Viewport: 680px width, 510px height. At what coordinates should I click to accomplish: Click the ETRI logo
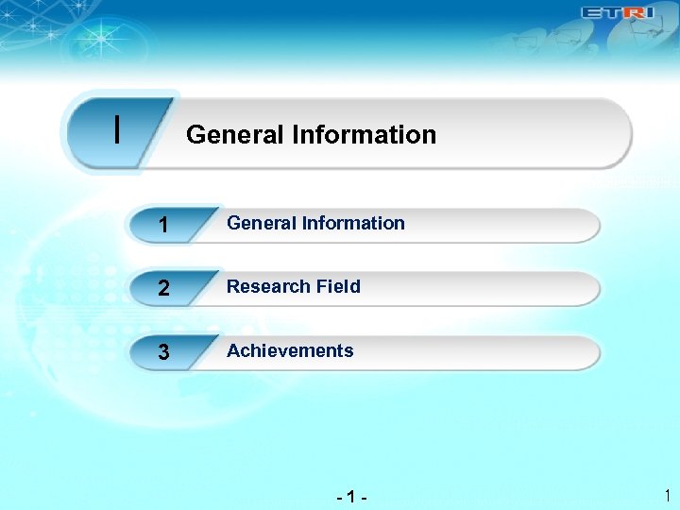[x=616, y=13]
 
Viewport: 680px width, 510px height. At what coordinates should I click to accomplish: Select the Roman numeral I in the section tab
[x=116, y=130]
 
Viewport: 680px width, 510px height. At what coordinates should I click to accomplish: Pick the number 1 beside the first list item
[x=164, y=227]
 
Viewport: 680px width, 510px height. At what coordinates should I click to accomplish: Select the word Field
[x=337, y=287]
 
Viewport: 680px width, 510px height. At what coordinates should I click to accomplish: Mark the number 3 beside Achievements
[x=164, y=353]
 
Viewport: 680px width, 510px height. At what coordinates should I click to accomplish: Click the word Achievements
[x=290, y=351]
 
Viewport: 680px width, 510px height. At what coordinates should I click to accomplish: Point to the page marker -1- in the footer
[x=351, y=495]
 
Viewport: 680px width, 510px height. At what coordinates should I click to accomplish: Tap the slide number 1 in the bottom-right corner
[x=666, y=495]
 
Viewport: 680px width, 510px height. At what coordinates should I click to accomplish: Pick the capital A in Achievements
[x=233, y=351]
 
